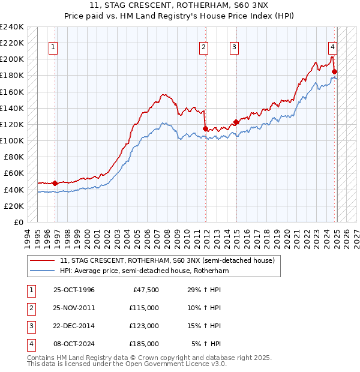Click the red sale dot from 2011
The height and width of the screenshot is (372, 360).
[205, 128]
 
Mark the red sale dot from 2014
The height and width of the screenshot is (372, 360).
[236, 122]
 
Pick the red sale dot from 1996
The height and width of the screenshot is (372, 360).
[55, 183]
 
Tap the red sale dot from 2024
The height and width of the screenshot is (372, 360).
[334, 71]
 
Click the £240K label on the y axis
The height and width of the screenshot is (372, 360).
[12, 27]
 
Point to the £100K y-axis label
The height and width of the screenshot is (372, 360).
[12, 140]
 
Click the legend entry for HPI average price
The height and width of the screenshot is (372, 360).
[145, 271]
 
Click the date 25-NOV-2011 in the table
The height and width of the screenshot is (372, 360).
[74, 308]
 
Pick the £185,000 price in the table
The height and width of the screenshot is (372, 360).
[144, 344]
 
